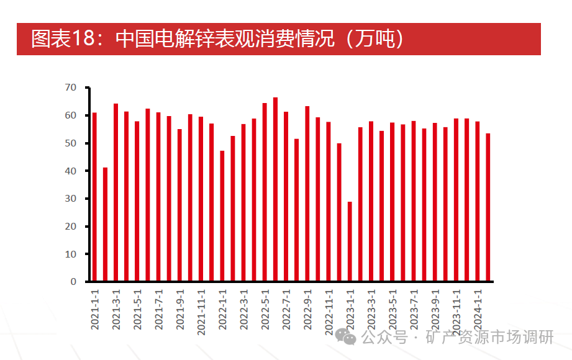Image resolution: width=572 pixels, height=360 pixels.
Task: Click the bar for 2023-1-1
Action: point(350,241)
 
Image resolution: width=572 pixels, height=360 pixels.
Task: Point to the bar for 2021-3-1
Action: point(116,192)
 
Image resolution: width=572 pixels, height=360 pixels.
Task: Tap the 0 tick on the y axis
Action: point(73,282)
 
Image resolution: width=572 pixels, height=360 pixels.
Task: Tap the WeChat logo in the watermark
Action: point(347,337)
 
